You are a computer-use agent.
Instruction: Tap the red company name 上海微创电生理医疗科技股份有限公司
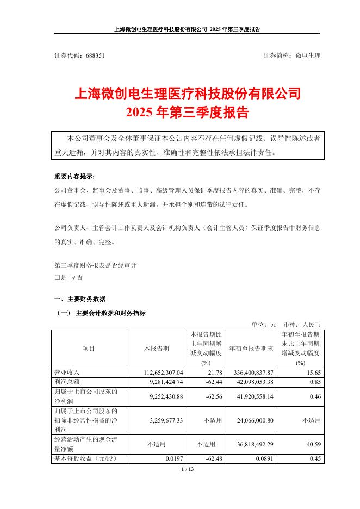tap(187, 94)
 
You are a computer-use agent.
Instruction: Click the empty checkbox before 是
tap(57, 277)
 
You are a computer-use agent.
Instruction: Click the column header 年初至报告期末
tap(250, 348)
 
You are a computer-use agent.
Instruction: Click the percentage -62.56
tap(209, 396)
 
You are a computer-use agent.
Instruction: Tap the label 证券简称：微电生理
tap(292, 55)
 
